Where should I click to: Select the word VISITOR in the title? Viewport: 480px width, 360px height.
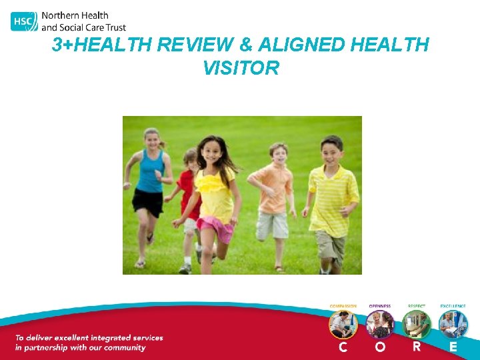click(241, 68)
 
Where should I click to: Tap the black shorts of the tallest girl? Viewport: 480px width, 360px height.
click(147, 201)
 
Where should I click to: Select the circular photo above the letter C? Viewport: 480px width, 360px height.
click(343, 325)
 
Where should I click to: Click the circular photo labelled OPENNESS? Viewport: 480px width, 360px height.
click(379, 325)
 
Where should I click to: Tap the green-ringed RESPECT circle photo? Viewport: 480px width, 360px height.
click(416, 325)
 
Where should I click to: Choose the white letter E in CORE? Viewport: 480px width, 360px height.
click(453, 347)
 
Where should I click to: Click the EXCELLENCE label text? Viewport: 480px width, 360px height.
click(453, 306)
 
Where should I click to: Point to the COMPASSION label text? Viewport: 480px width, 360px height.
click(343, 306)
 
